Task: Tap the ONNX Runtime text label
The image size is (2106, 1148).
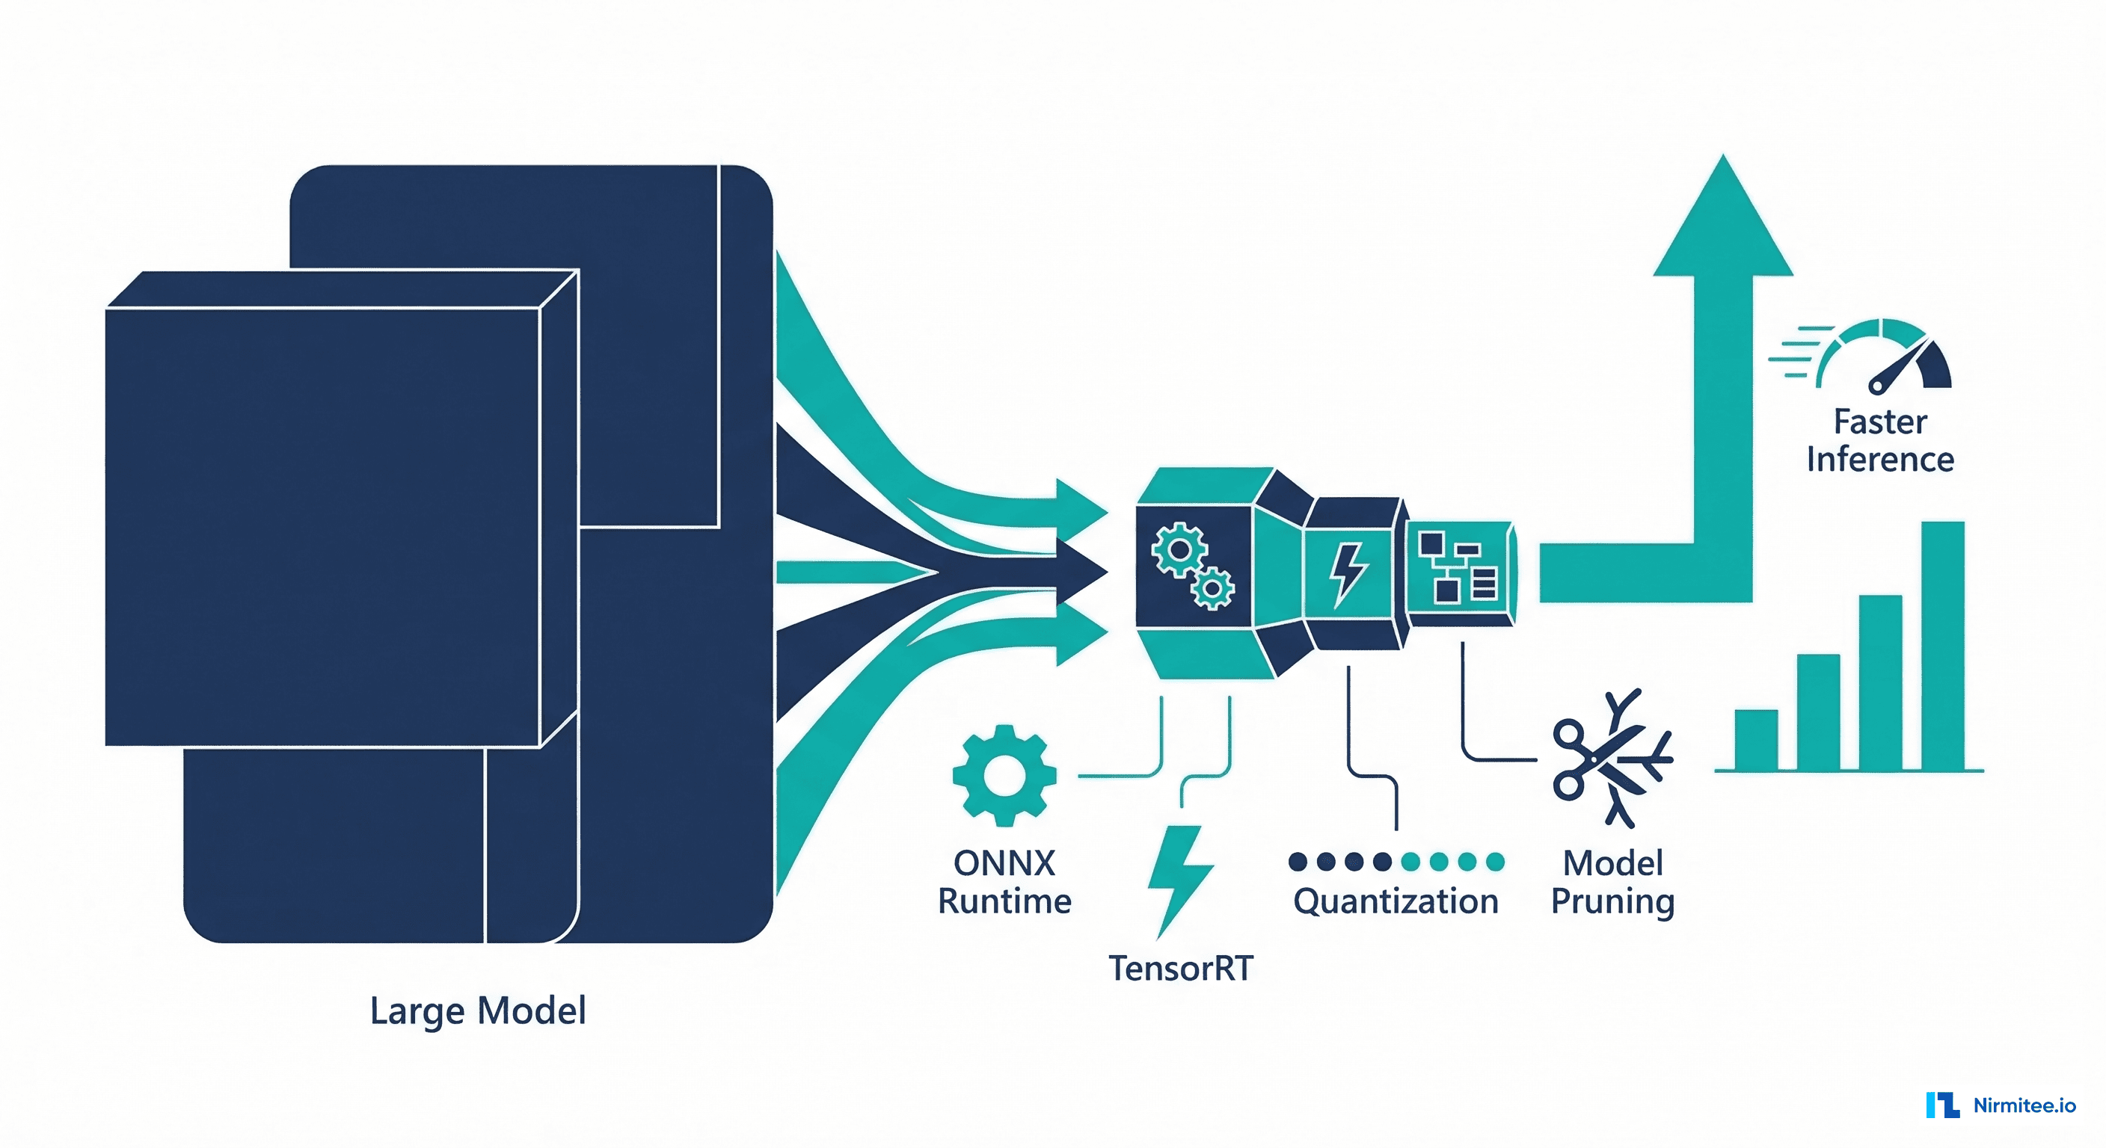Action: click(x=1004, y=883)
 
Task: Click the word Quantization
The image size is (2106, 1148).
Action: click(x=1396, y=901)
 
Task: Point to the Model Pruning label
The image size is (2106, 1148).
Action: click(x=1612, y=883)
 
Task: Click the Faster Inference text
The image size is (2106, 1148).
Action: click(x=1879, y=441)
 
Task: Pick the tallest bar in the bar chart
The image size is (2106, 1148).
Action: click(x=1942, y=646)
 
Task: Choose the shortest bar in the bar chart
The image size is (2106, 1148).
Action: click(x=1756, y=739)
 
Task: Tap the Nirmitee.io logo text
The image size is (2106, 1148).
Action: click(x=2024, y=1105)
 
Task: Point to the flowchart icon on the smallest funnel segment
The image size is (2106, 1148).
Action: click(x=1457, y=567)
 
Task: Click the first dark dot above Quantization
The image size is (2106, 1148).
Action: click(x=1298, y=861)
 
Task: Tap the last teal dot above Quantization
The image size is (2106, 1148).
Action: click(x=1495, y=861)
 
